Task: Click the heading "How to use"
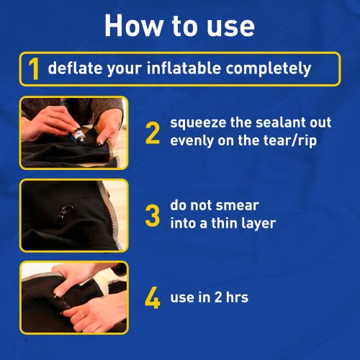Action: pos(179,25)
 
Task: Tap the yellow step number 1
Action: pos(32,69)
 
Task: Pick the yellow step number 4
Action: pos(153,297)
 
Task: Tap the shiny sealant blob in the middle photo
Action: pos(66,211)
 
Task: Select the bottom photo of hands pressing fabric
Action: pos(73,297)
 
